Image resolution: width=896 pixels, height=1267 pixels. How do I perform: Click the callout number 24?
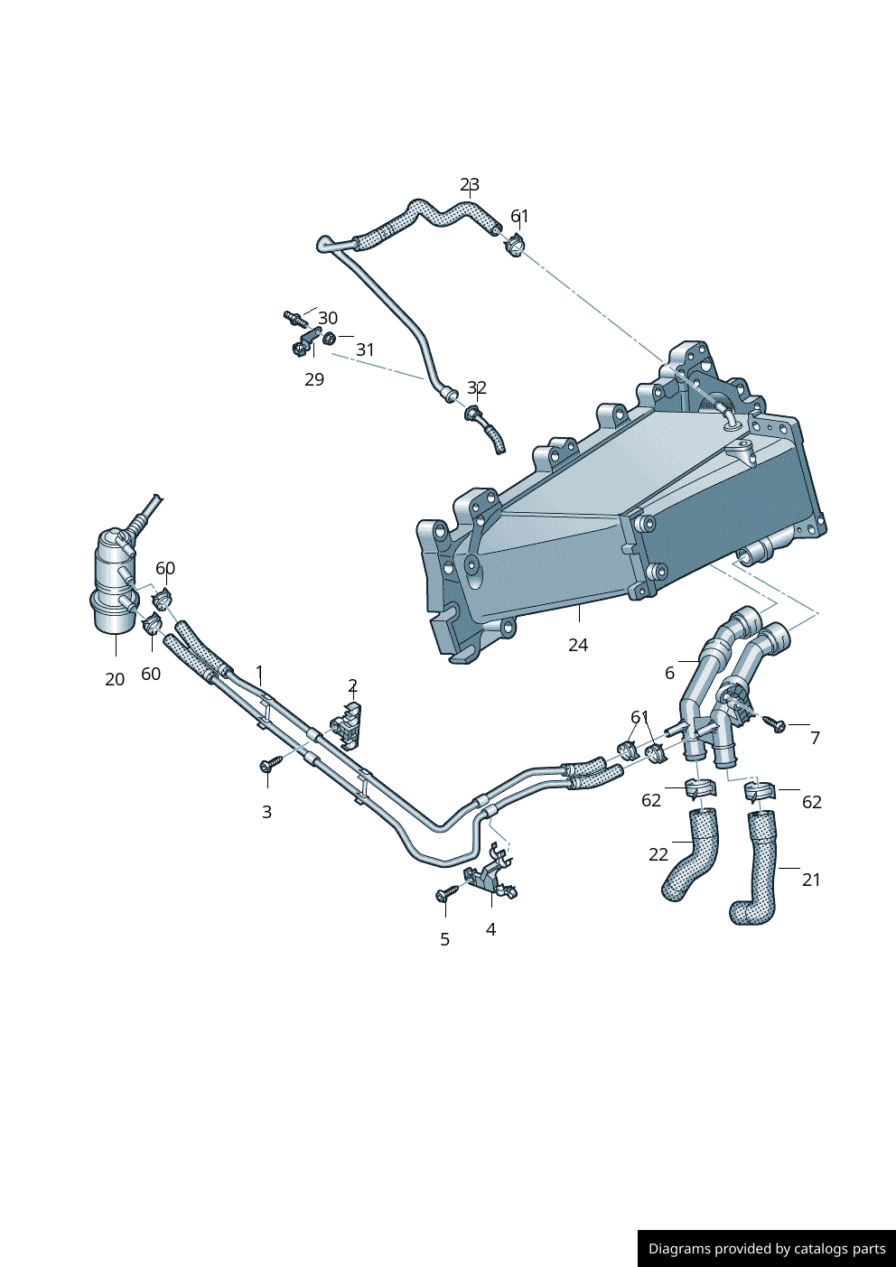click(578, 645)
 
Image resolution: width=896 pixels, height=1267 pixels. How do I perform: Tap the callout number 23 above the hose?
click(470, 185)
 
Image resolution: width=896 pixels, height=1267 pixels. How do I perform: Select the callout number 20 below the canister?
click(115, 679)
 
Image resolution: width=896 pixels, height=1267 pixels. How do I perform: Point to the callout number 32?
click(477, 387)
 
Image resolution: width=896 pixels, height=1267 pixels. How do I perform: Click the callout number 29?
click(314, 379)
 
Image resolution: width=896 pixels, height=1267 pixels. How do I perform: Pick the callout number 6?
click(669, 673)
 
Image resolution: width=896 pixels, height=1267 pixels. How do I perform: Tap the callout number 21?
click(811, 880)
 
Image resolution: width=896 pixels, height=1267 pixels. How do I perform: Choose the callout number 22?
click(658, 854)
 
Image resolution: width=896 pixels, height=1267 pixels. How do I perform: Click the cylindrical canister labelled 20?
click(114, 582)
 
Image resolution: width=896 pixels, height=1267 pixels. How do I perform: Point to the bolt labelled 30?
click(294, 318)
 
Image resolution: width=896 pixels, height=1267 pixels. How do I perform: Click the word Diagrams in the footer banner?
click(679, 1249)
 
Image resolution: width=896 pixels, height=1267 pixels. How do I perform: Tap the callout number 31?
click(365, 349)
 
